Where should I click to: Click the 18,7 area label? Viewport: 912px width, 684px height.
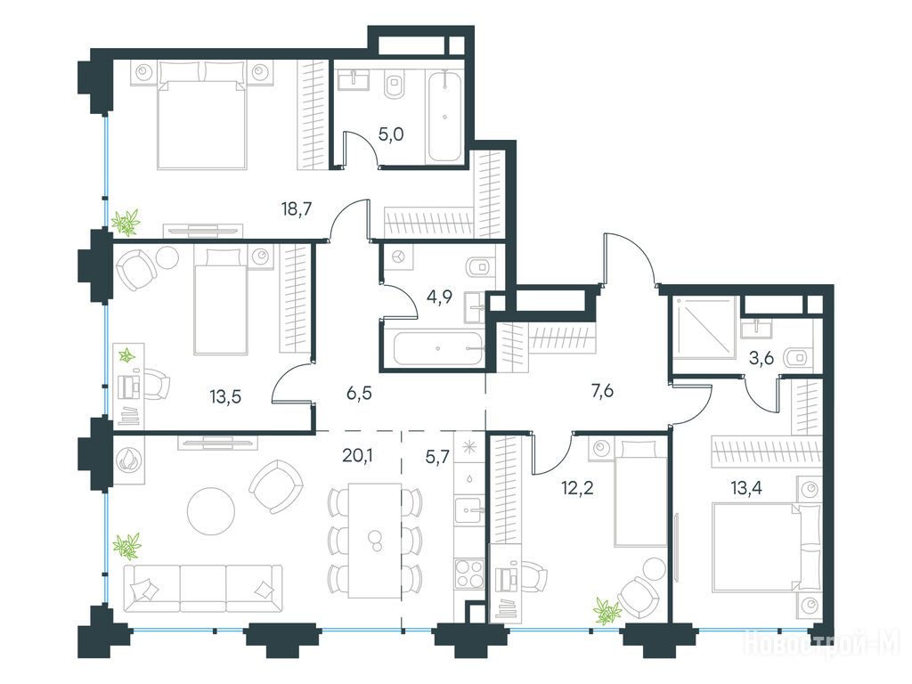coord(297,208)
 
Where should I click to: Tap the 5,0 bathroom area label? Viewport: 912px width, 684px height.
coord(391,135)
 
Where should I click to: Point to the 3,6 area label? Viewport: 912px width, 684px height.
coord(761,358)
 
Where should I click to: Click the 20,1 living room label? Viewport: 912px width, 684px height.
coord(357,456)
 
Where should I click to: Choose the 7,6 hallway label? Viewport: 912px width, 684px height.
coord(602,391)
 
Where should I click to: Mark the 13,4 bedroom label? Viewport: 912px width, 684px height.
coord(746,487)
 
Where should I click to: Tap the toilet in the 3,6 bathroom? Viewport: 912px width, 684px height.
coord(796,358)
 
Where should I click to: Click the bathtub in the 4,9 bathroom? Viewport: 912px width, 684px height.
coord(437,348)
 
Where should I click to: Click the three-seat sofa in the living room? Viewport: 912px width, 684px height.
coord(204,588)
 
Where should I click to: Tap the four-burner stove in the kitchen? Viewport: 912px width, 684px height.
coord(468,573)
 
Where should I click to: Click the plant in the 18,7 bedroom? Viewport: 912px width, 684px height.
coord(126,223)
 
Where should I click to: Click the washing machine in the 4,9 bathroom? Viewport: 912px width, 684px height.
coord(398,257)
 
